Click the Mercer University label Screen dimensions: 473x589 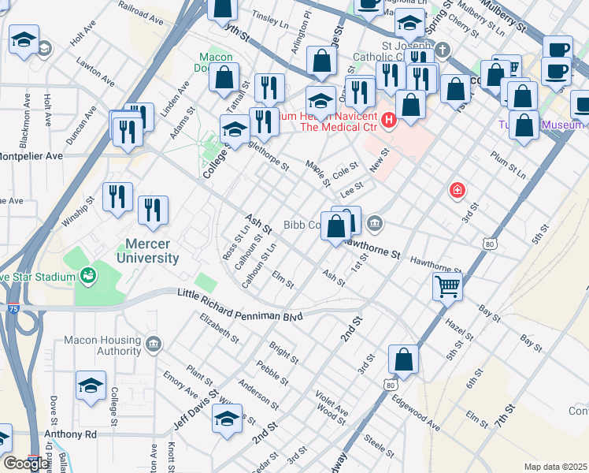tap(147, 250)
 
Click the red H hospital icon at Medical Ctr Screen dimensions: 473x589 tap(388, 121)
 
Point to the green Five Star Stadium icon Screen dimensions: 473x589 tap(87, 275)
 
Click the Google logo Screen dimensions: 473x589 tap(27, 464)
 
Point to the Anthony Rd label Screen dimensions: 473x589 tap(69, 434)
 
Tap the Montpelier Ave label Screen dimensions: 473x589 tap(31, 156)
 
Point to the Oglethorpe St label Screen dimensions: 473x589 tap(263, 147)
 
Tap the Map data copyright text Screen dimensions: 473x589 tap(554, 467)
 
